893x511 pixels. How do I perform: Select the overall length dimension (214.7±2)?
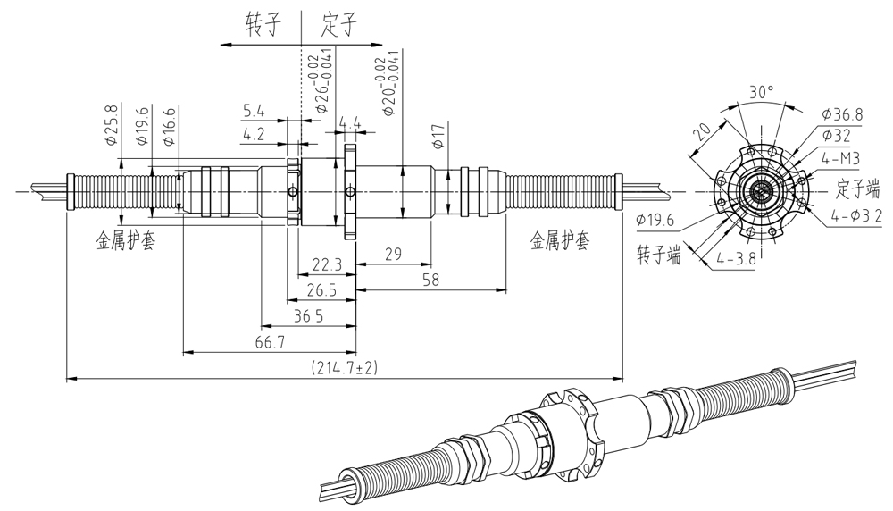(x=345, y=368)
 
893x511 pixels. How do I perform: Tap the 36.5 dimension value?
(x=308, y=317)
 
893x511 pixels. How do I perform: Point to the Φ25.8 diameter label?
(x=112, y=127)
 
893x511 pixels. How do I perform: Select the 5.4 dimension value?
(x=253, y=111)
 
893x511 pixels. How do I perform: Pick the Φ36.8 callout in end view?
(x=842, y=114)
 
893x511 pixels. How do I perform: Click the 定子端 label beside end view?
(x=858, y=188)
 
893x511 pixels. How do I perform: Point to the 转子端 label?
(x=659, y=254)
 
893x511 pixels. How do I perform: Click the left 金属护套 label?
(x=125, y=241)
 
